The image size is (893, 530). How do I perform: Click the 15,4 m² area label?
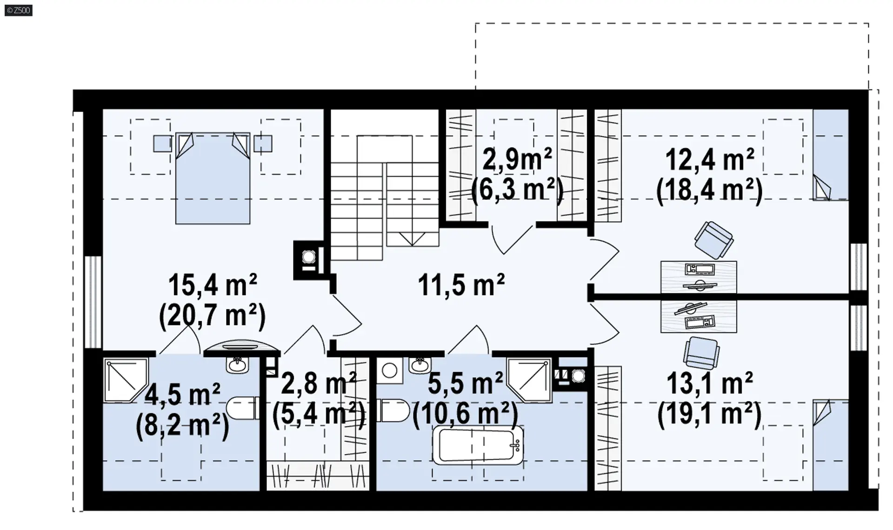(x=212, y=285)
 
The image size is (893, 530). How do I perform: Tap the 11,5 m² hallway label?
(x=461, y=285)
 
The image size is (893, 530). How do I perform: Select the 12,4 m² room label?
(x=710, y=159)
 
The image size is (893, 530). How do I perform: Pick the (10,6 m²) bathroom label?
(x=465, y=413)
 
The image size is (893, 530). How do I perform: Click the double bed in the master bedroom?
(x=213, y=178)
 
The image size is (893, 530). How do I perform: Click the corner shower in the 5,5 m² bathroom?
(x=529, y=379)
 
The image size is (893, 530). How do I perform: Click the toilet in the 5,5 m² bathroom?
(x=393, y=410)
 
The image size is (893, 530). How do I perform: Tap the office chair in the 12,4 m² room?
(x=713, y=240)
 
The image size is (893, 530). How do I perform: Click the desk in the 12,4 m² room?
(x=699, y=277)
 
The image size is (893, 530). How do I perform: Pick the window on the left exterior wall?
(x=93, y=302)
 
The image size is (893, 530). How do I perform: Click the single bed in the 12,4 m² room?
(x=831, y=155)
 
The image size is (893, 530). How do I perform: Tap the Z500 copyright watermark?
(x=19, y=10)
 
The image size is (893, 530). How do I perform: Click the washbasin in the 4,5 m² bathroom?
(x=238, y=364)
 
